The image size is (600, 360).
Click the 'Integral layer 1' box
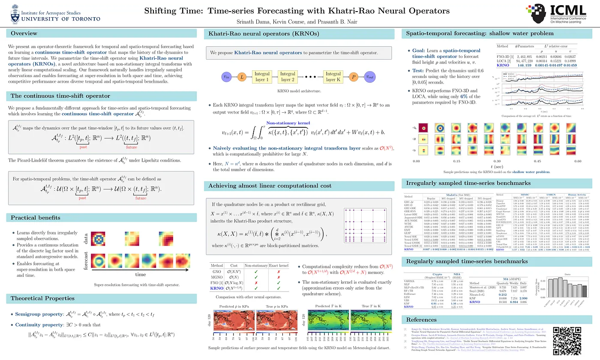pos(262,77)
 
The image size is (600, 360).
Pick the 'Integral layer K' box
pos(333,77)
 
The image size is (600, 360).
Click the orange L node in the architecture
pos(242,77)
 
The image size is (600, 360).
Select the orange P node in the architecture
pos(354,77)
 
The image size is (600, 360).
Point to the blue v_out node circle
pos(369,77)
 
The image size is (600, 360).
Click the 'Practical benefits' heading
pos(36,218)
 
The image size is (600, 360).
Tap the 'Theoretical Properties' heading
pos(42,298)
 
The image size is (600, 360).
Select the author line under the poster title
pos(300,21)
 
